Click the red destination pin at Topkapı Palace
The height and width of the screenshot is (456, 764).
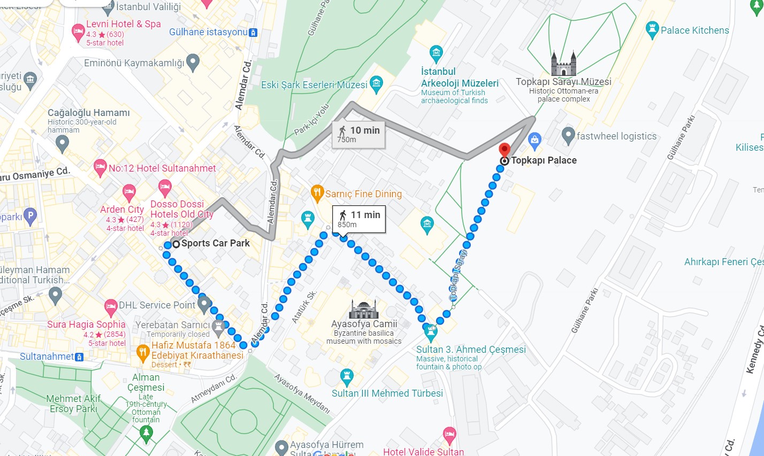tap(504, 150)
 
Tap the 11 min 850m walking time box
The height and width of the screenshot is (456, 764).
tap(359, 219)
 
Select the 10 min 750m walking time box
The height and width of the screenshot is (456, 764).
tap(358, 135)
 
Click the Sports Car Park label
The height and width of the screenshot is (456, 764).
tap(215, 243)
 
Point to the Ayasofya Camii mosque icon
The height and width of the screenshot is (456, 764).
tap(364, 309)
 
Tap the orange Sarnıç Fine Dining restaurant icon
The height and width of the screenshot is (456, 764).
tap(317, 194)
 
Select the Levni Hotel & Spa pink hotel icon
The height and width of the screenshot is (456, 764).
tap(78, 32)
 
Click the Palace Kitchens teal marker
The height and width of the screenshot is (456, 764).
tap(652, 30)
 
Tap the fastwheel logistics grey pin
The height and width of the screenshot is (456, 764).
tap(568, 136)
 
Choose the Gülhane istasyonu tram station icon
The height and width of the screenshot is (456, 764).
tap(254, 33)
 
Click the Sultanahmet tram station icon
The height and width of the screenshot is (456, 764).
tap(79, 357)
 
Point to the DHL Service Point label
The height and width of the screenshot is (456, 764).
tap(157, 305)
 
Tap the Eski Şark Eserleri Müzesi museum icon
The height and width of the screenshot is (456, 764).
tap(377, 83)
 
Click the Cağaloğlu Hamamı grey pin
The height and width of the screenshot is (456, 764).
tap(63, 143)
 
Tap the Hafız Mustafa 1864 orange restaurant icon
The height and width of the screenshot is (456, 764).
tap(142, 351)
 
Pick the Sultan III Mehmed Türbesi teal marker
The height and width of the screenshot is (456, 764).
tap(347, 376)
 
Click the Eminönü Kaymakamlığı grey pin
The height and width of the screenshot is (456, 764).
tap(193, 61)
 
